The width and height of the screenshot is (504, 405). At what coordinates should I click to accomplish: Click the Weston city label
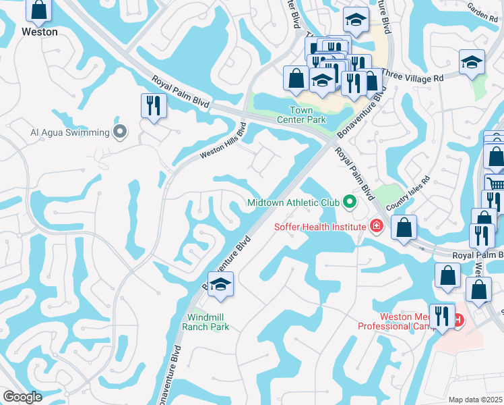click(39, 32)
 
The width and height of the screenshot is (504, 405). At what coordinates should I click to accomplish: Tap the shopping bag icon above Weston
click(39, 10)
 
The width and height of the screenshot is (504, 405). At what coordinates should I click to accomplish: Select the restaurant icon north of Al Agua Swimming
click(154, 106)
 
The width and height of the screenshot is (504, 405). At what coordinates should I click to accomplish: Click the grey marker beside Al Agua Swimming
click(120, 132)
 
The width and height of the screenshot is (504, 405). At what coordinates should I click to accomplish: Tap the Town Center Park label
click(307, 115)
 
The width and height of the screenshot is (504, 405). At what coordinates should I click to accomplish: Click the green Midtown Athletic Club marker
click(349, 202)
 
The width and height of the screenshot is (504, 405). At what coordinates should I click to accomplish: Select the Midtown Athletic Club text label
click(293, 202)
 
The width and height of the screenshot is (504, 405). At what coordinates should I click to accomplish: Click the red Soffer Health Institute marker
click(377, 226)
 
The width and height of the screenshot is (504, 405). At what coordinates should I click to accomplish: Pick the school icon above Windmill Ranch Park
click(220, 286)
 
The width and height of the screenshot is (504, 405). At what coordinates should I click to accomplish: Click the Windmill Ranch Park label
click(206, 322)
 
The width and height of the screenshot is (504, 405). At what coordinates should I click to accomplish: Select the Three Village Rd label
click(414, 78)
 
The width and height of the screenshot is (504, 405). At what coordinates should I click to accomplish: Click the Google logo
click(23, 397)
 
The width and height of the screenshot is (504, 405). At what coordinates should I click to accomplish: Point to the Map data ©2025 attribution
click(474, 400)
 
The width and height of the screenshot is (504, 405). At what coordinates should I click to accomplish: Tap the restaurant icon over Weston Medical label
click(442, 316)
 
